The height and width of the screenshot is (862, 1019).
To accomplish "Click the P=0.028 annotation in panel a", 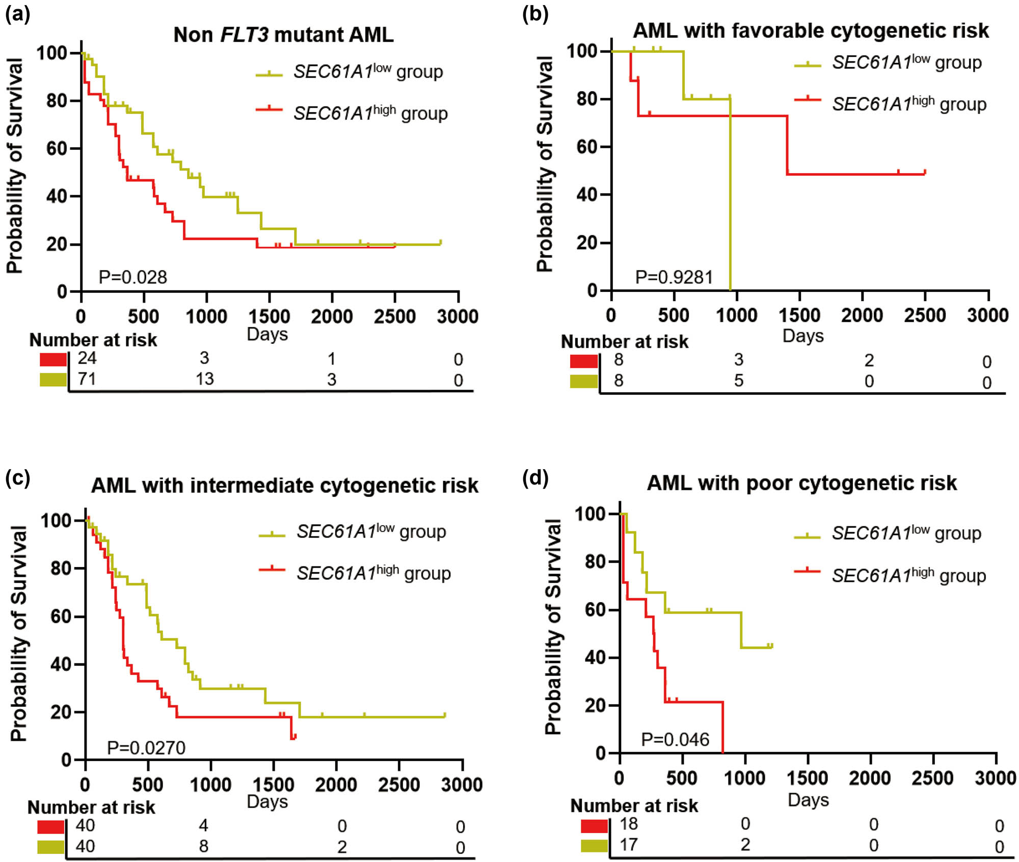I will coord(132,277).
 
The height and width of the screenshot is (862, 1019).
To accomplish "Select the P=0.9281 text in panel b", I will coord(674,277).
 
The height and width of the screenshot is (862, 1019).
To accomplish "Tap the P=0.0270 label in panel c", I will coord(146,748).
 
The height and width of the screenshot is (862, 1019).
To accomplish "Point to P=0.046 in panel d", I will coord(675,739).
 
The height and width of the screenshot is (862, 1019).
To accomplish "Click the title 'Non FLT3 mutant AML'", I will coord(283,35).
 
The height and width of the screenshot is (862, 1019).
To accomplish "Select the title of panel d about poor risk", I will coord(801,483).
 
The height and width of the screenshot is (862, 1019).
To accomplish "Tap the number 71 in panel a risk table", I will coord(87,379).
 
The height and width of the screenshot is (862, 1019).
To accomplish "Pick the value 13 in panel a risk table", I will coord(205,379).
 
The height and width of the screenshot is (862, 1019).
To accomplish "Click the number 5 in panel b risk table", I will coord(738,381).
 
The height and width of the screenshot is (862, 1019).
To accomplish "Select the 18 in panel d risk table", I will coord(629,824).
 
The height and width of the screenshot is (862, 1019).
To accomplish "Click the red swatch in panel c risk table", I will coord(51,826).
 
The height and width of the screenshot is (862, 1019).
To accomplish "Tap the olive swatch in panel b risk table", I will coord(583,381).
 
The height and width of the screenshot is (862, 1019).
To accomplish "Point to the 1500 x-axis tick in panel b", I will coord(799,315).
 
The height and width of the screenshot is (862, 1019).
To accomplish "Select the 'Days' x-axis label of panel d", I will coord(808,800).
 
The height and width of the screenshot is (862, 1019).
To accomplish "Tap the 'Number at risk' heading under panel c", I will coord(91,807).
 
